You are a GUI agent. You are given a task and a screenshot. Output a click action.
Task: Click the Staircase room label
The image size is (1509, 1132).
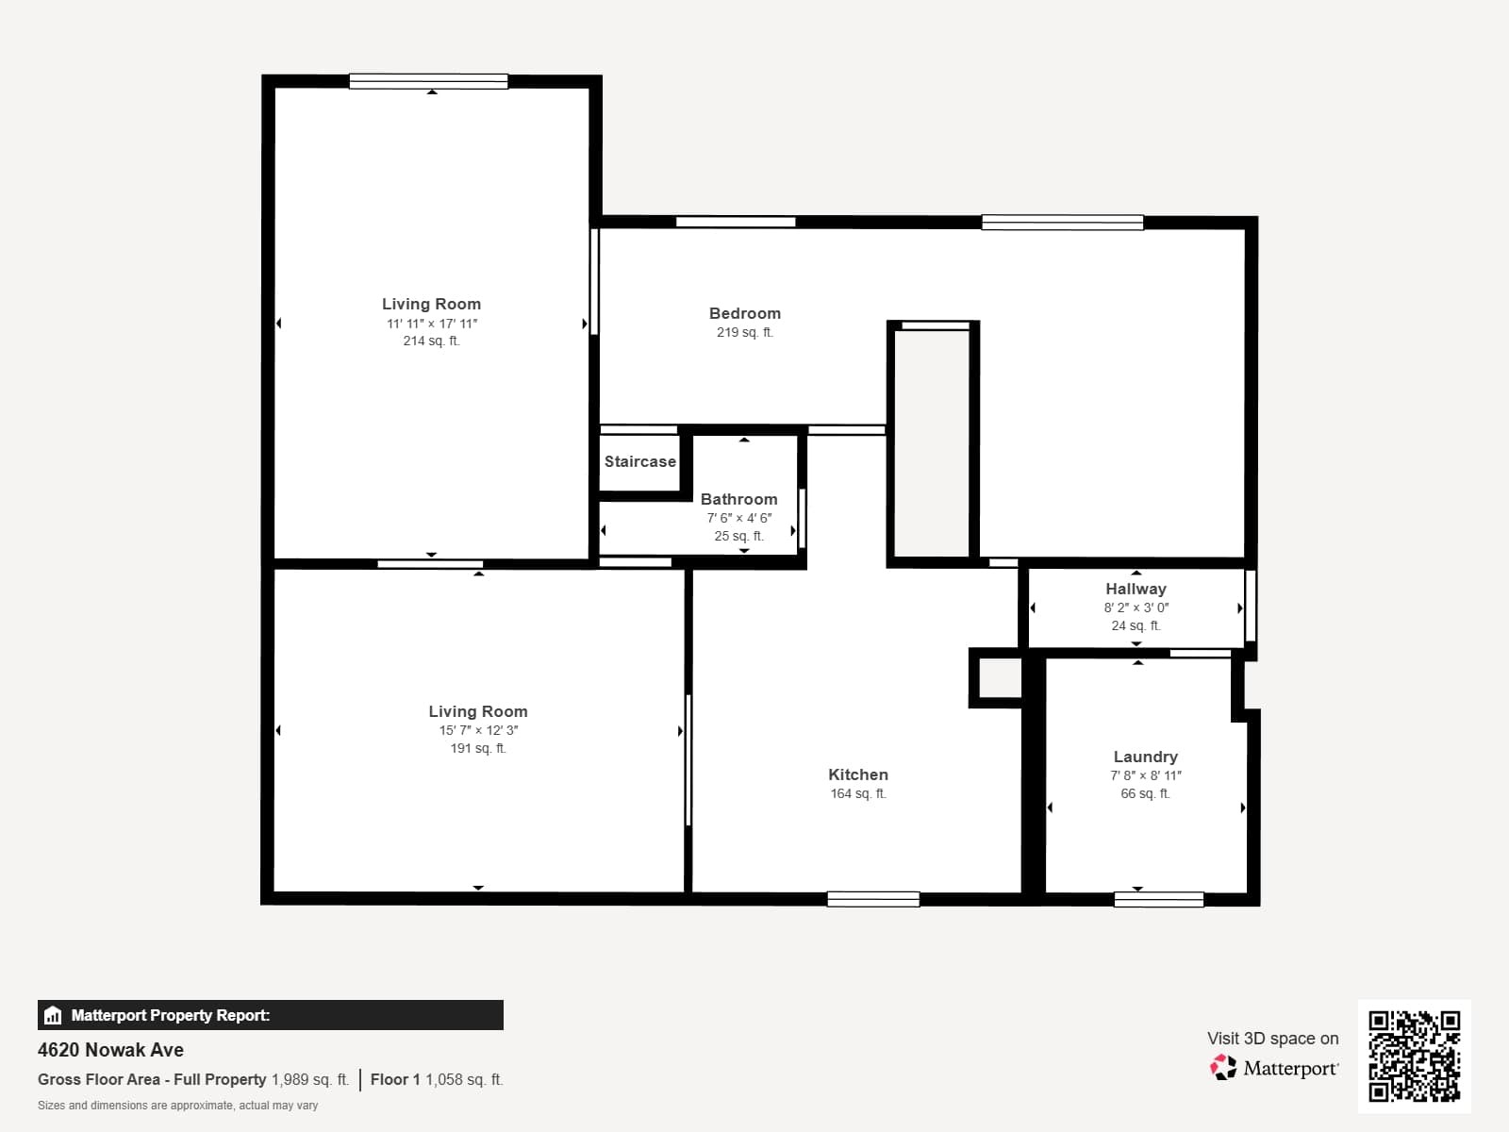coord(639,461)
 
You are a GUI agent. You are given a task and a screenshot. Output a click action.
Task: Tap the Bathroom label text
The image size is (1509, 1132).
coord(738,499)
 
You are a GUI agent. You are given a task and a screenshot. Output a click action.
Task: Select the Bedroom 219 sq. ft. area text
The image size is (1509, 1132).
coord(744,332)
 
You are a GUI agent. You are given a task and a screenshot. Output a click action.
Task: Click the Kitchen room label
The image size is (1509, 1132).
coord(857,774)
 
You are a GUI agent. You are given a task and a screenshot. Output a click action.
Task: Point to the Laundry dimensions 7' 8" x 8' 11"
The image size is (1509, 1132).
coord(1145,775)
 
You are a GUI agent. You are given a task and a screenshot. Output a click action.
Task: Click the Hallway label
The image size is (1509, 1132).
coord(1136,589)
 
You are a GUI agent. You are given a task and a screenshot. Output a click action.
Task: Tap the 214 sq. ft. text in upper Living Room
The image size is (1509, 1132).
coord(431,341)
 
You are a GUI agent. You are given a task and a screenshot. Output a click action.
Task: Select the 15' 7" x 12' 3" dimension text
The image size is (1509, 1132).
coord(478,730)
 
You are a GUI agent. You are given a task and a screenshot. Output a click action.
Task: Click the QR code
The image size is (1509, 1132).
coord(1414,1056)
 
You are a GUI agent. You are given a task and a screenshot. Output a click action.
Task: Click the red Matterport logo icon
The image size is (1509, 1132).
coord(1223,1068)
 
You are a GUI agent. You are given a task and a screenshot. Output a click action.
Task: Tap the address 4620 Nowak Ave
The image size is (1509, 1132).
coord(110,1050)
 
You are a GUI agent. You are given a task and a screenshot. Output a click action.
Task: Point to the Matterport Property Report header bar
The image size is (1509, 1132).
coord(270,1015)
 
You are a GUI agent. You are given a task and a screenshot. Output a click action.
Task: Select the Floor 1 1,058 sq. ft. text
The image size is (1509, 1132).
coord(436,1079)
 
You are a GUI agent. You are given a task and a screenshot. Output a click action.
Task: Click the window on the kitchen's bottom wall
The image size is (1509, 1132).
coord(873,899)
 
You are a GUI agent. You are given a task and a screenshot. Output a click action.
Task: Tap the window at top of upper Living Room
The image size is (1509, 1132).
coord(428,82)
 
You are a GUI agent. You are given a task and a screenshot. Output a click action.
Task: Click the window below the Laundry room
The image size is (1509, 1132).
coord(1158,899)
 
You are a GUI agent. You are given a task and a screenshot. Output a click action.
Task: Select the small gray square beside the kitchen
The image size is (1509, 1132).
coord(999,677)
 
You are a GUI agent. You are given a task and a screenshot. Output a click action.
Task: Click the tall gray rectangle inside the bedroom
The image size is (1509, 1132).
coord(931,443)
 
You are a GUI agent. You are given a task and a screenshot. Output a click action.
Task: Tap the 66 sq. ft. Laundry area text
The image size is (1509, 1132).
coord(1145,793)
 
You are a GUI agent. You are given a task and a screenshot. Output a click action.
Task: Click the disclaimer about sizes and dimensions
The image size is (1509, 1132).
coord(177,1106)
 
